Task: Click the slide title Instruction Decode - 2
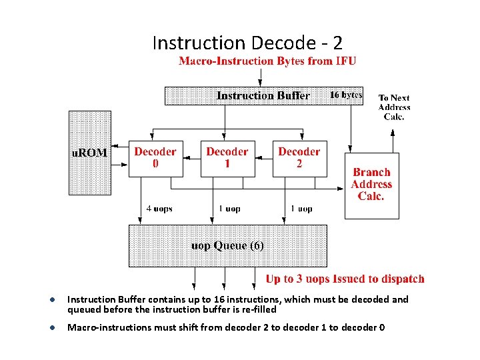(x=247, y=43)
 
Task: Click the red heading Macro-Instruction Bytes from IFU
(x=267, y=61)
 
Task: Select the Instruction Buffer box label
(x=263, y=95)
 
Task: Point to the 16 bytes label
(x=346, y=95)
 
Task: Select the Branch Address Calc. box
(x=371, y=185)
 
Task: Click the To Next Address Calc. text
(x=394, y=107)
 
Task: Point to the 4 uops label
(x=159, y=209)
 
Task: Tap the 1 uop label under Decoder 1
(x=229, y=209)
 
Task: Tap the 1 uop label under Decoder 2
(x=301, y=209)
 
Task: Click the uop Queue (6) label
(x=227, y=246)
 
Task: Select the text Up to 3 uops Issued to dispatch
(x=345, y=279)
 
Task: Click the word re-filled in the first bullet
(x=256, y=309)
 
